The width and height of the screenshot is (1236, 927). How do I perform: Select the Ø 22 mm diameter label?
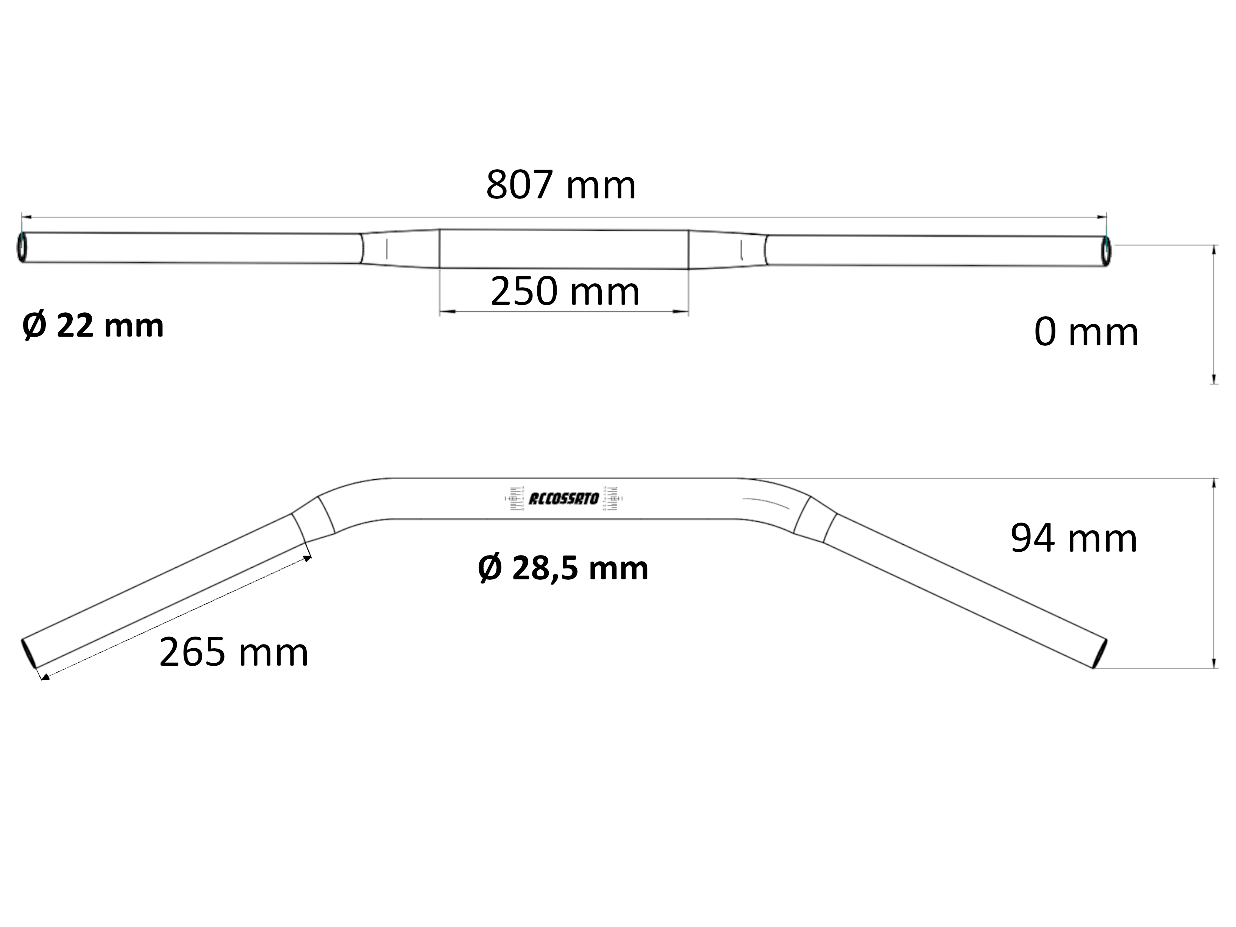click(x=93, y=326)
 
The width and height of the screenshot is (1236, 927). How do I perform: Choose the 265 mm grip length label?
click(x=234, y=652)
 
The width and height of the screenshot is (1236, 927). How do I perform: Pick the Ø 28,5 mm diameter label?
click(x=563, y=569)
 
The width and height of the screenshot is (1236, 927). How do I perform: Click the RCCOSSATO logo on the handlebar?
click(x=563, y=498)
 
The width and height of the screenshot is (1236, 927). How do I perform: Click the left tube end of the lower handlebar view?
click(x=29, y=653)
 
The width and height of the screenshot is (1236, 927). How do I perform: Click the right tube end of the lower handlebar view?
click(x=1100, y=653)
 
